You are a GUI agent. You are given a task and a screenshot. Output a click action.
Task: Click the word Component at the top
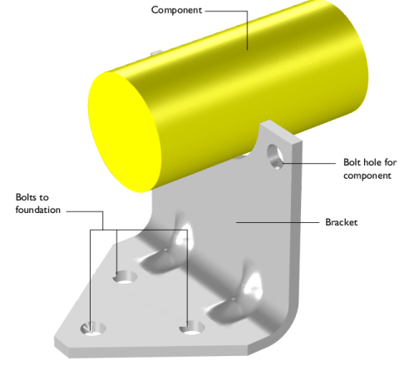click(x=176, y=10)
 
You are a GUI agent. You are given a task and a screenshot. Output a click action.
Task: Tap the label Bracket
click(x=341, y=222)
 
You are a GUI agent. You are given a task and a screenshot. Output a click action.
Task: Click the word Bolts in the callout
click(x=26, y=197)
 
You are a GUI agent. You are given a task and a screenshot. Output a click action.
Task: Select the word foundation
click(x=38, y=210)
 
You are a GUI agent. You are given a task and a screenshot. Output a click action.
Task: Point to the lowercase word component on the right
click(x=367, y=176)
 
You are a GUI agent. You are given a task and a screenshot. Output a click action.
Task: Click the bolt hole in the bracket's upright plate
click(x=275, y=156)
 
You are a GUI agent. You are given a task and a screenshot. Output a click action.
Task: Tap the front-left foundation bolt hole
click(x=93, y=329)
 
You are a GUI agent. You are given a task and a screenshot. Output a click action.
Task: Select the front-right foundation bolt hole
click(x=192, y=328)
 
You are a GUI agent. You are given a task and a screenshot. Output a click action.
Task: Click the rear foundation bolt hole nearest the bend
click(x=126, y=277)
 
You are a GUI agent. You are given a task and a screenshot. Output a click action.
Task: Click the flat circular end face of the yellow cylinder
click(x=125, y=132)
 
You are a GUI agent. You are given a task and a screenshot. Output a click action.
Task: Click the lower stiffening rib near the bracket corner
click(x=235, y=297)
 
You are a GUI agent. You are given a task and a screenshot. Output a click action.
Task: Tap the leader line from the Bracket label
click(x=278, y=222)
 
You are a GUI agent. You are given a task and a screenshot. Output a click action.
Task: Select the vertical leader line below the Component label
click(x=247, y=31)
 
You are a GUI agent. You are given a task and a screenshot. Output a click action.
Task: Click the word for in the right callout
click(x=391, y=162)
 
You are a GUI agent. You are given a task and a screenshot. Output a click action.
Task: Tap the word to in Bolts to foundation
click(x=44, y=197)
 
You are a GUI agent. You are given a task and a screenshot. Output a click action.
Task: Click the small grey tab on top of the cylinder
click(x=156, y=52)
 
